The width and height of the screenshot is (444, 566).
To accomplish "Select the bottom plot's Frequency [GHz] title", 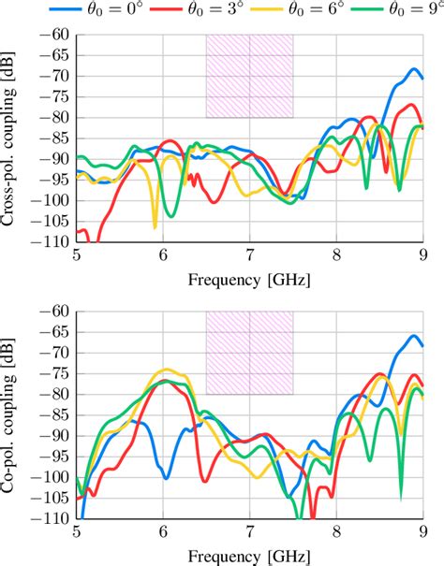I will (249, 555).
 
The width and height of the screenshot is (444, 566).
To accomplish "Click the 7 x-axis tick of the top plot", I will (249, 255).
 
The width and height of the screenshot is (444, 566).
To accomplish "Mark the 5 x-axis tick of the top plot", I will (77, 255).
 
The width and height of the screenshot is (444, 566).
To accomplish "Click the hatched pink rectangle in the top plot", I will (249, 76).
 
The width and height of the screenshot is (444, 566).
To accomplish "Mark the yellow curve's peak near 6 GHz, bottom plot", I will (167, 370).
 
